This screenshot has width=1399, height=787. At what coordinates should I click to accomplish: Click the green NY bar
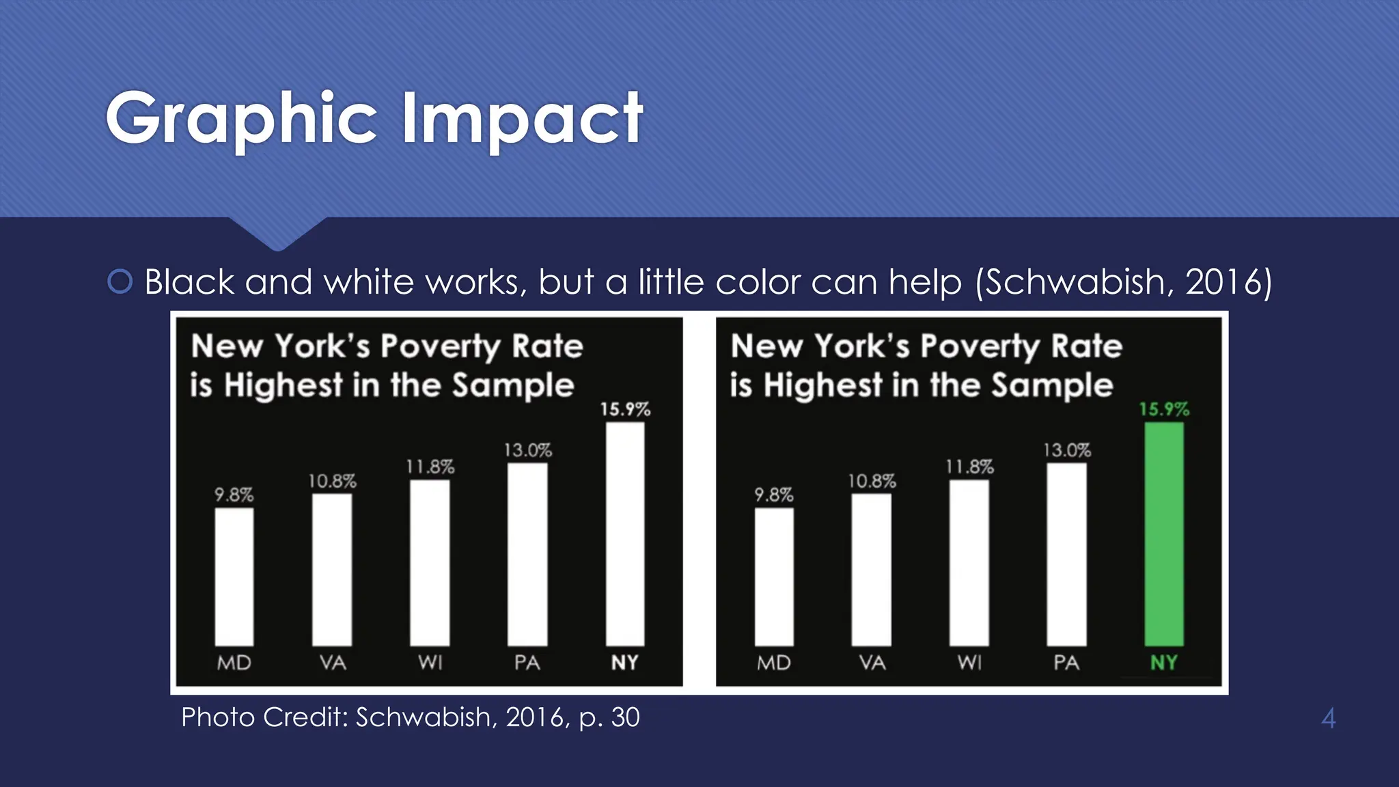click(1164, 534)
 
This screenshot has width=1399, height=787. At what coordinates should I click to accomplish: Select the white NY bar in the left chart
click(624, 534)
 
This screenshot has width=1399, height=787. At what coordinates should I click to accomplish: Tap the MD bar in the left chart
click(234, 577)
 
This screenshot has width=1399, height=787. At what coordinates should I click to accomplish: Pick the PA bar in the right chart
click(1066, 554)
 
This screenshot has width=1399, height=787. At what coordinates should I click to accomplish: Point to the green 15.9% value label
click(1164, 409)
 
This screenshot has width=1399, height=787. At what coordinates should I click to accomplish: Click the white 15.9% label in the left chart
click(625, 409)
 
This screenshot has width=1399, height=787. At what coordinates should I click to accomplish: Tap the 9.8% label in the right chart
click(773, 495)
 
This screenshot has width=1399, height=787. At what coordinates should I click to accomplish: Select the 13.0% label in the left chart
click(527, 450)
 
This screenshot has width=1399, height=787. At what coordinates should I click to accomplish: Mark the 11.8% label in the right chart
click(969, 467)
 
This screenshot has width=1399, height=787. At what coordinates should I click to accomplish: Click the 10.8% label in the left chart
click(332, 481)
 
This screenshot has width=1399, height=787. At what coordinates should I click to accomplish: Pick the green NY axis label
click(1164, 662)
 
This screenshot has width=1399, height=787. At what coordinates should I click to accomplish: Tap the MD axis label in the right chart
click(773, 663)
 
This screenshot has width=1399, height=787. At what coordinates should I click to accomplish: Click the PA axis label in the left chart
click(527, 663)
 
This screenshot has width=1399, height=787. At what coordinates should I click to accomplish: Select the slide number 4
click(1328, 718)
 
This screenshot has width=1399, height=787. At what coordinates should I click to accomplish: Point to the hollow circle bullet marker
click(120, 281)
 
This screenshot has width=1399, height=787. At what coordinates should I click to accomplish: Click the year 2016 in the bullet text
click(1222, 281)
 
